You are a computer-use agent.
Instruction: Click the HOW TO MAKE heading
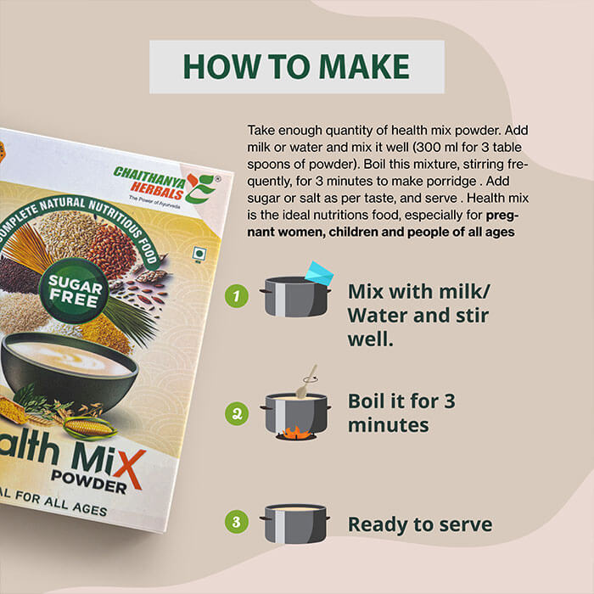[296, 67]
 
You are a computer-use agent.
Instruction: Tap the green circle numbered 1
[237, 296]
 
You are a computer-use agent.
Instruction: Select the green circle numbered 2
[237, 413]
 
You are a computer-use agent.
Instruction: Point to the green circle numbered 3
[237, 522]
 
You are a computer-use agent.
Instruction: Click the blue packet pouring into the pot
[319, 273]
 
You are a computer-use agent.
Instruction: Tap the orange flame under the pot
[296, 433]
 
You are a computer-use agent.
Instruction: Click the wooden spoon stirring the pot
[306, 382]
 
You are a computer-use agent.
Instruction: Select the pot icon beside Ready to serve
[294, 524]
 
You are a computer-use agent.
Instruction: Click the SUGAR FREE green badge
[75, 291]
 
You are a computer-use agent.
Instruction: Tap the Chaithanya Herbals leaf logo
[201, 188]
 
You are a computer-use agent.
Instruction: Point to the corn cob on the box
[88, 427]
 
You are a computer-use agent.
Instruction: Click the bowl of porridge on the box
[68, 369]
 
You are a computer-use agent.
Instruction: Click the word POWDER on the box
[88, 481]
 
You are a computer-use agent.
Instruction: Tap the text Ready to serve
[420, 524]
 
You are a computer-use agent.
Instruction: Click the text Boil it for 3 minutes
[401, 413]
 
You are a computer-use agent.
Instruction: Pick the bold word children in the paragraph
[353, 232]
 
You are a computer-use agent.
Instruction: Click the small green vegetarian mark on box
[199, 254]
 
